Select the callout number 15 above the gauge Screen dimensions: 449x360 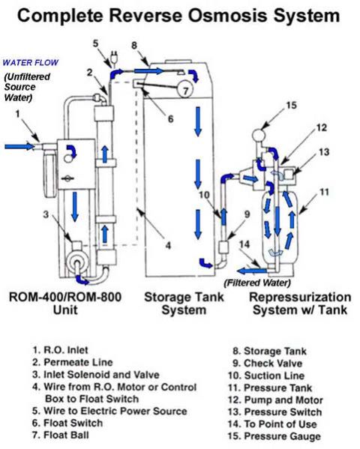coord(290,106)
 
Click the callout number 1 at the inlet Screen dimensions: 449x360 coord(16,114)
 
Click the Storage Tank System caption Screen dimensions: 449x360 coord(181,304)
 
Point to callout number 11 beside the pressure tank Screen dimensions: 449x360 coord(324,192)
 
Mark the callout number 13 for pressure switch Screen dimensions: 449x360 coord(324,153)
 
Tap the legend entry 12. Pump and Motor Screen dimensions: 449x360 coord(275,399)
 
